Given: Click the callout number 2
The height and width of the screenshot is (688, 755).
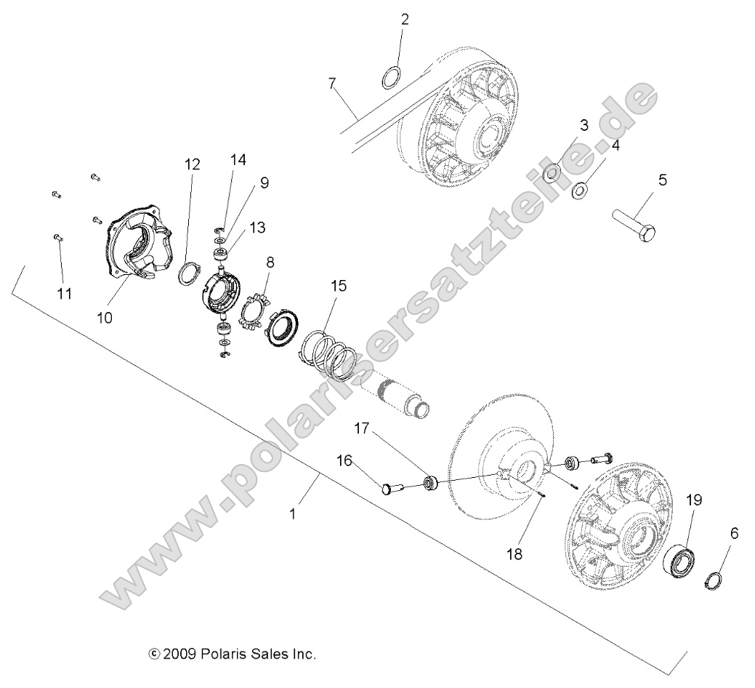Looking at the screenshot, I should coord(405,20).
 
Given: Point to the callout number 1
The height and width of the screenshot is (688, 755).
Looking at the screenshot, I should coord(293,513).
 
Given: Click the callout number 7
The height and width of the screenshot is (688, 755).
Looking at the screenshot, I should coord(332,83).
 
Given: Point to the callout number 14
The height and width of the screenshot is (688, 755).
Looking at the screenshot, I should coord(239,159).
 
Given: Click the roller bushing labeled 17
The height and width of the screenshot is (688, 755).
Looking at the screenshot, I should coord(430,482).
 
